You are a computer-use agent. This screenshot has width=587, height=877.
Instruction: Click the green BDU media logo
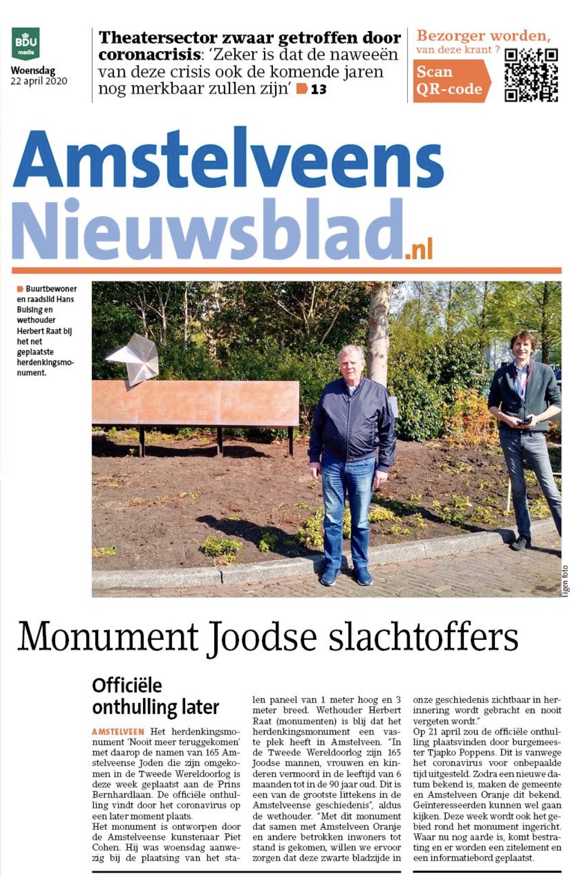(x=26, y=43)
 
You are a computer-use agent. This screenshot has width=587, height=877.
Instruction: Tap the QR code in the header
(x=531, y=75)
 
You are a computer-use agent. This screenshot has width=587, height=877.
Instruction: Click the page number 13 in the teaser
(x=318, y=89)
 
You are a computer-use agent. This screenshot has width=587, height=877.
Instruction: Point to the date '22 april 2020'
(x=39, y=81)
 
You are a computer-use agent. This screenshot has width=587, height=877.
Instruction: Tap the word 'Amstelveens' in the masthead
(x=227, y=159)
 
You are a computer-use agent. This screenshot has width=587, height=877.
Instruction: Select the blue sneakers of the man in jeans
(x=346, y=575)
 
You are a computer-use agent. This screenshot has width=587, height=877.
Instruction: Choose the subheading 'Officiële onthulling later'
(x=155, y=696)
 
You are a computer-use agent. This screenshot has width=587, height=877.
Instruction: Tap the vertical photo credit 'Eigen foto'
(x=565, y=581)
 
